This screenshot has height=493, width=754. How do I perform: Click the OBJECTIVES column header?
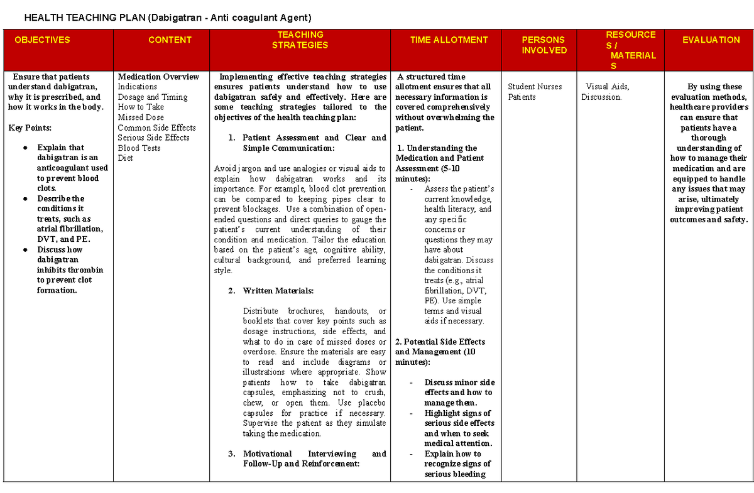coord(42,40)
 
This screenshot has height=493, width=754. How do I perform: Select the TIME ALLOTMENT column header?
coord(449,40)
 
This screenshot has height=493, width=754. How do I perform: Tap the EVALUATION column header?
coord(711,40)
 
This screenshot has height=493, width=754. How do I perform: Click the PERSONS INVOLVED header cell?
coord(544,45)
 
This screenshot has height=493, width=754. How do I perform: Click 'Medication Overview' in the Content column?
coord(158,77)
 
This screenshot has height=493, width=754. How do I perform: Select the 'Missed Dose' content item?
coord(141,117)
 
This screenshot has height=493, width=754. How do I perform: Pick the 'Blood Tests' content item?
coord(139,148)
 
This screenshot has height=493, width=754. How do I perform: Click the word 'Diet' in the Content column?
coord(125,158)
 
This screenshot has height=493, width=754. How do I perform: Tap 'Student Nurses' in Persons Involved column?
coord(535,87)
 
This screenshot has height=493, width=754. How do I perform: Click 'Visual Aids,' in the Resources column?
coord(607,87)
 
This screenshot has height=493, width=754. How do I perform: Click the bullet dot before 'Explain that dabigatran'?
coord(25,148)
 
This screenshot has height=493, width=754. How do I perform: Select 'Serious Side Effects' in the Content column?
coord(153,138)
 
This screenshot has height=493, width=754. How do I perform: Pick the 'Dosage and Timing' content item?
coord(153,97)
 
